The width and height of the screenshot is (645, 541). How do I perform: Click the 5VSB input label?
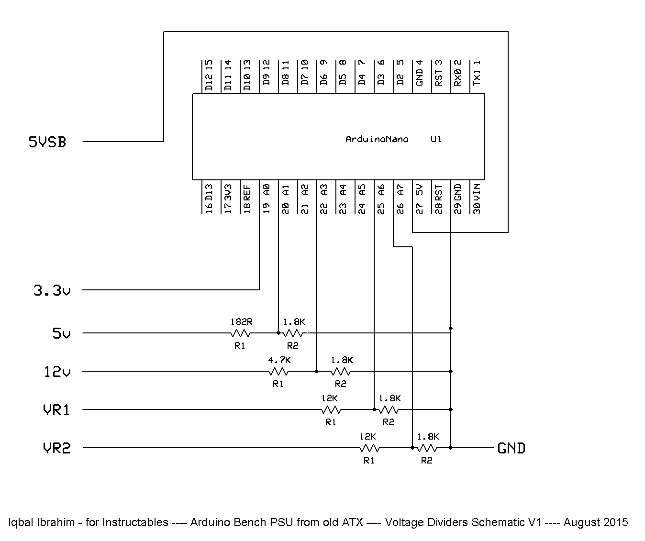(x=47, y=142)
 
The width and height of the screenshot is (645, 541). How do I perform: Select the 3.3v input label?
(x=52, y=290)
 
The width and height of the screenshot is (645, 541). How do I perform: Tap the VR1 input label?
(x=56, y=410)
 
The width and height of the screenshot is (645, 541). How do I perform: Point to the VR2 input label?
(x=56, y=448)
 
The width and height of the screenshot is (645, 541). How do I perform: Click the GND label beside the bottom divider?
(x=512, y=448)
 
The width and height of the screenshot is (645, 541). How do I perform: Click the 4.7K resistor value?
(x=279, y=360)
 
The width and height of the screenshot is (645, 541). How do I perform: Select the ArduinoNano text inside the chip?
(x=377, y=140)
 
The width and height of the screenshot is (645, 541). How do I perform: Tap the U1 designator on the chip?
(x=436, y=140)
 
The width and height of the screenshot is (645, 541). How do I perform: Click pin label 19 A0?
(x=267, y=198)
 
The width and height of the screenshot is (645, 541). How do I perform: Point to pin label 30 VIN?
(x=477, y=198)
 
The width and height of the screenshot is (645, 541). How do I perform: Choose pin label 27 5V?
(x=420, y=198)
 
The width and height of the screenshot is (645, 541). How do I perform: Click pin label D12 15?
(x=209, y=76)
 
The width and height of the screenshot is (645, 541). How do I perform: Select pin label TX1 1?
(x=477, y=73)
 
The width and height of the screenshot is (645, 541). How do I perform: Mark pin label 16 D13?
(x=209, y=198)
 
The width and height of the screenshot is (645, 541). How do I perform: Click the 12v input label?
(x=57, y=372)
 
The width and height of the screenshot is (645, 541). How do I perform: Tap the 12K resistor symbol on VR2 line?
(x=369, y=448)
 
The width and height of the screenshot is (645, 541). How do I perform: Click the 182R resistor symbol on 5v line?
(x=241, y=333)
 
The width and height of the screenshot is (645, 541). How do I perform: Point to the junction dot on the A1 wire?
(x=278, y=333)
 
